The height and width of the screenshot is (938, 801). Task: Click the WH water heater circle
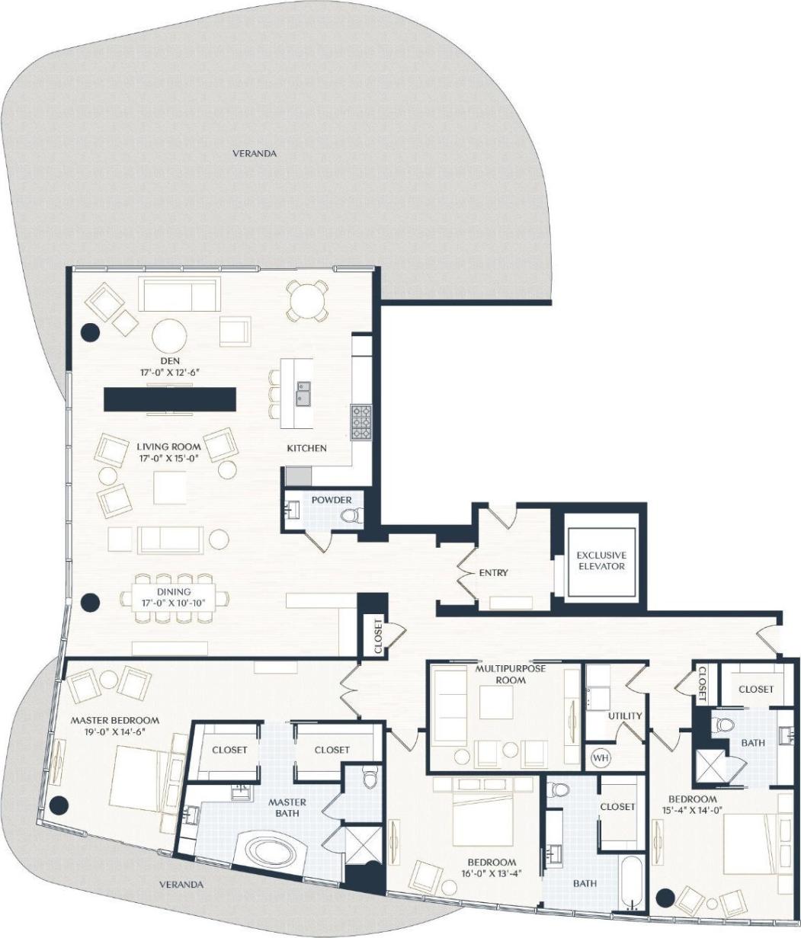(601, 757)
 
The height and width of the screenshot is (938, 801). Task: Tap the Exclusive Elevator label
(601, 561)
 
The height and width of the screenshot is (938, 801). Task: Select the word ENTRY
(493, 572)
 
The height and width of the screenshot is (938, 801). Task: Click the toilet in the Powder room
(351, 517)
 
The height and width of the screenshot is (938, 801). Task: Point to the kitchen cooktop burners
(360, 422)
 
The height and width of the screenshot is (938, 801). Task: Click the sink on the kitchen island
(304, 394)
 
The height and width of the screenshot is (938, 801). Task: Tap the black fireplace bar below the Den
(169, 399)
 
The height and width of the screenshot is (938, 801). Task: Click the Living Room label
(169, 447)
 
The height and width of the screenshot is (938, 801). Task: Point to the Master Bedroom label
(114, 720)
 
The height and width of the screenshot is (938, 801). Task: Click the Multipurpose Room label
(500, 674)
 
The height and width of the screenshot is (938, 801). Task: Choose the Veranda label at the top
(255, 154)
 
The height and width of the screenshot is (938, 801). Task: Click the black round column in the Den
(90, 331)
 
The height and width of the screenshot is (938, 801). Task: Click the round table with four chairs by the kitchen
(307, 299)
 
